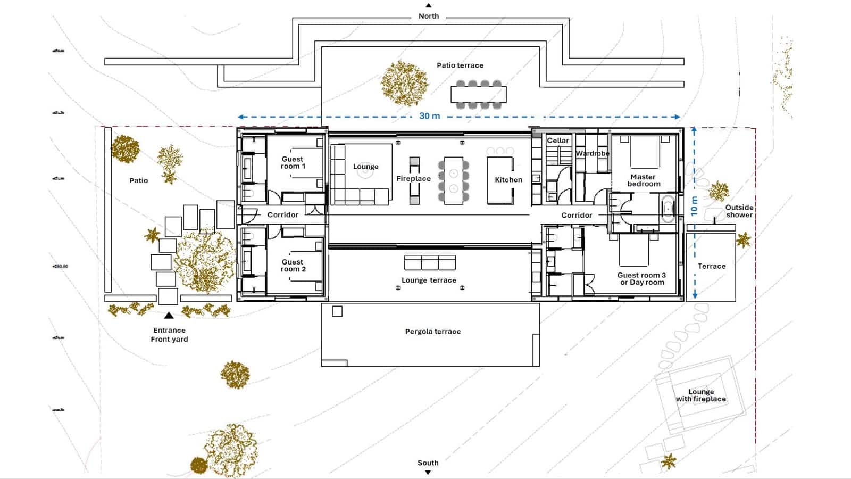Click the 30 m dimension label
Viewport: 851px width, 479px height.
(430, 116)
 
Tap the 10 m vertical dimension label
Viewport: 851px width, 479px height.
(694, 206)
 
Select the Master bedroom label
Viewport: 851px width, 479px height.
(644, 180)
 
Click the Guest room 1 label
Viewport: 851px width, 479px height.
(293, 162)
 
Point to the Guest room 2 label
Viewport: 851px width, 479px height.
(293, 265)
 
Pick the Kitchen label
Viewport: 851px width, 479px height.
(508, 180)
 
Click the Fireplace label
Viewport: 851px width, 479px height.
(413, 179)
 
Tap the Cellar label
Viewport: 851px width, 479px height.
(558, 141)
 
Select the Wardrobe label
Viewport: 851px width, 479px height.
(593, 153)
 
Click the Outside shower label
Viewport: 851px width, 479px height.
(739, 211)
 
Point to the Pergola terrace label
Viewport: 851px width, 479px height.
(433, 332)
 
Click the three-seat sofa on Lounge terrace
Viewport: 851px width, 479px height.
(430, 263)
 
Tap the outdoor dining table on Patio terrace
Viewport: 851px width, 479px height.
(479, 95)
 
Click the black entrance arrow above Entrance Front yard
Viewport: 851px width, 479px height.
(169, 315)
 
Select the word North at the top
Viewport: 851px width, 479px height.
(429, 16)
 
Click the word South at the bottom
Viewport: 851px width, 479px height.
(428, 463)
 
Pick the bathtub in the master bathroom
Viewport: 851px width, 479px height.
(668, 209)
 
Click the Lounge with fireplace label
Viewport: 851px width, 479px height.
(701, 395)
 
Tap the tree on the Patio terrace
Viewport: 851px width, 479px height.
(405, 82)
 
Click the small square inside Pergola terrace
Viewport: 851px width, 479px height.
(337, 311)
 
